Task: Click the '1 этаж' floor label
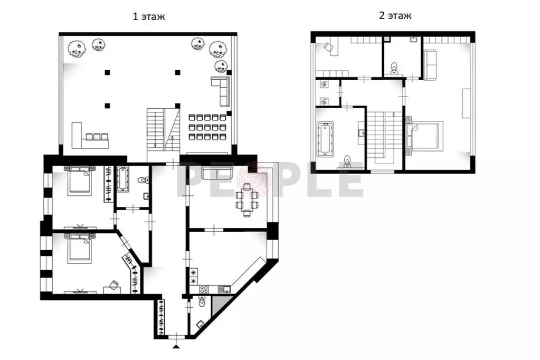click(149, 16)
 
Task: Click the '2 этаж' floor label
click(395, 15)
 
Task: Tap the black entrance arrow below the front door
click(176, 346)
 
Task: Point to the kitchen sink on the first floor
click(226, 289)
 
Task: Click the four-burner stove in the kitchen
click(203, 289)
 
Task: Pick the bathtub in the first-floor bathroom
click(122, 179)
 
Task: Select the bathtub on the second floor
click(325, 139)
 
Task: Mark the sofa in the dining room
click(217, 173)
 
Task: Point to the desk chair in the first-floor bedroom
click(113, 285)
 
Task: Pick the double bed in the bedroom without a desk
click(80, 180)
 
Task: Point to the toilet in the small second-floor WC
click(394, 68)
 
